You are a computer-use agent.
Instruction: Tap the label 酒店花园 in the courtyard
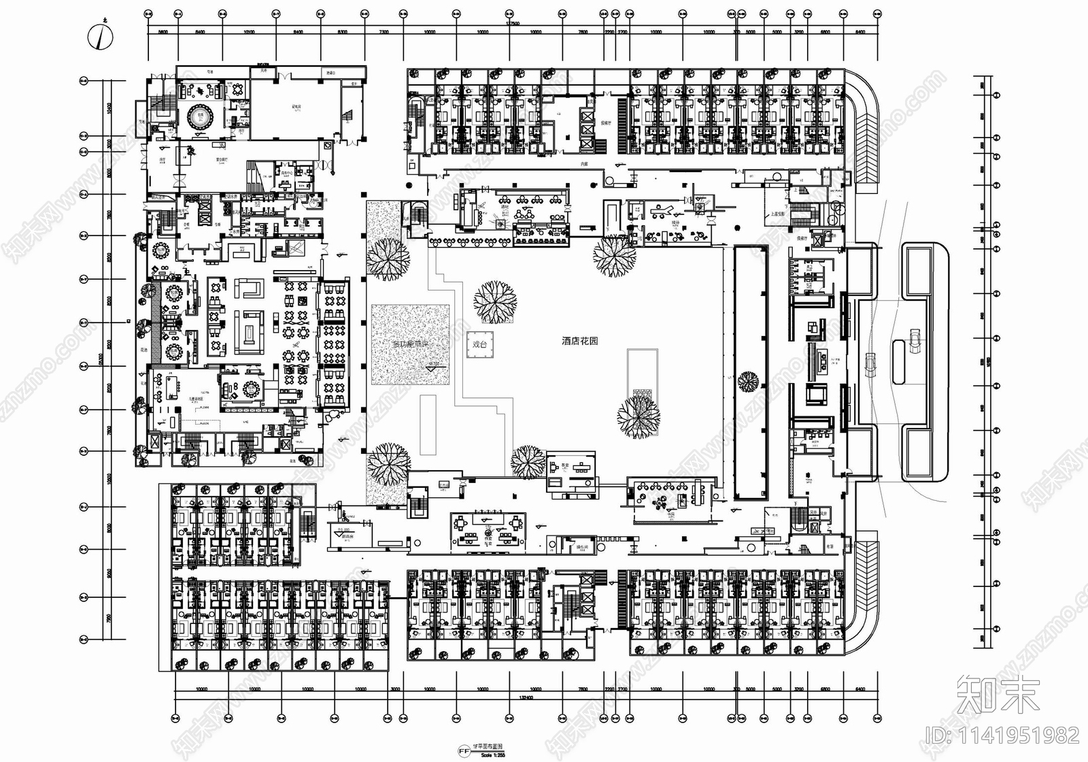point(579,341)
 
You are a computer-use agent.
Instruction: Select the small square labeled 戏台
point(480,344)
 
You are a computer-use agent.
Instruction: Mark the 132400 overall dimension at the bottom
point(524,697)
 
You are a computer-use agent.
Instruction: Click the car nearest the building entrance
point(870,365)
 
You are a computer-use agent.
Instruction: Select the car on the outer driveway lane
point(915,340)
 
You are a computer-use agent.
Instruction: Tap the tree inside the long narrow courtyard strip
point(749,381)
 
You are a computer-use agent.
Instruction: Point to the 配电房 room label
point(297,107)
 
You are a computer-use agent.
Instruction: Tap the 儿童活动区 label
point(199,400)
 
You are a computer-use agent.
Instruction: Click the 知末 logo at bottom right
point(998,695)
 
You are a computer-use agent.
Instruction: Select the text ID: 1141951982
point(1002,735)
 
